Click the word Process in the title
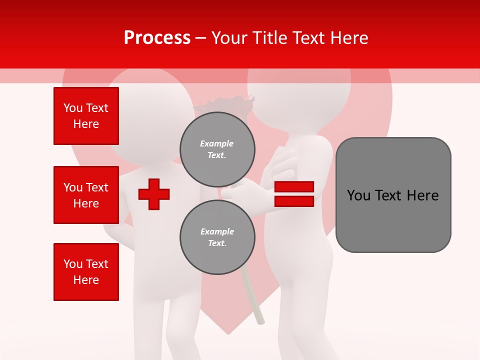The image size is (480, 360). coord(157,38)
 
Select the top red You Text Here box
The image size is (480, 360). coord(86,116)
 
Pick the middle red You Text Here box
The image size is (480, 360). coord(86,195)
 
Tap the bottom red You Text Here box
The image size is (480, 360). coord(86,271)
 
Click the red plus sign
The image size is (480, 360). coord(154,194)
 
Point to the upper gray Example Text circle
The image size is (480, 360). coord(217,149)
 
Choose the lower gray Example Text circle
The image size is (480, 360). coord(217,237)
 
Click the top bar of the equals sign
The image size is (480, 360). coord(294,187)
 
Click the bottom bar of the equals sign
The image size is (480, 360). coord(294,201)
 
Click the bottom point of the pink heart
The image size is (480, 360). coord(227,332)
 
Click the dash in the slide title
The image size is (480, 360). coord(200,38)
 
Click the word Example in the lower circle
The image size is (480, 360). coord(217,231)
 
